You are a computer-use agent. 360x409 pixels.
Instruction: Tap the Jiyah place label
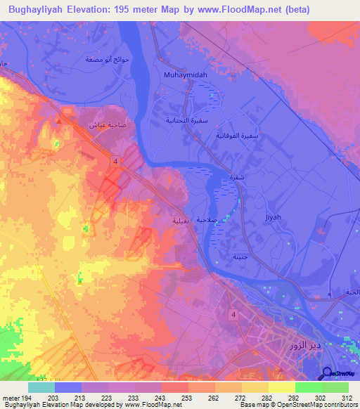pos(274,217)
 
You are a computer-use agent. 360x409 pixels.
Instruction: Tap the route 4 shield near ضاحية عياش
pos(113,162)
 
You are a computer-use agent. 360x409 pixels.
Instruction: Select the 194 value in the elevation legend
pos(19,399)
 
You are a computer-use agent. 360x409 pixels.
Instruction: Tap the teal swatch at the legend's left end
pos(41,387)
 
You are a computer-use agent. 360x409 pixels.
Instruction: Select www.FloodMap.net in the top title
pos(240,10)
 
